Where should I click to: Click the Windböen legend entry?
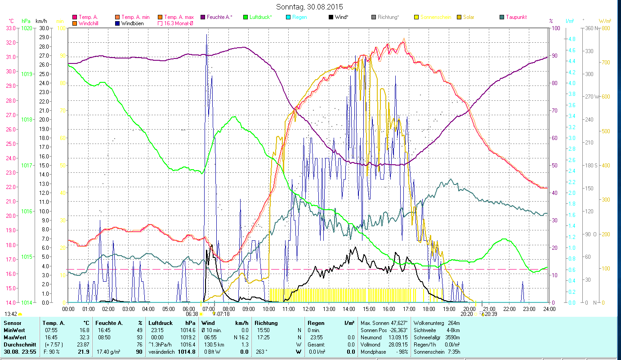pos(132,23)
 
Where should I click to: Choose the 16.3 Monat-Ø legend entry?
pos(179,23)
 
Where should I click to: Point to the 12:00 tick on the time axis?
pos(309,309)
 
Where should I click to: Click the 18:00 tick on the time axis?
pos(429,309)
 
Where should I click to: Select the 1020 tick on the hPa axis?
pos(27,28)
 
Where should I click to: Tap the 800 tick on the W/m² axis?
pos(605,28)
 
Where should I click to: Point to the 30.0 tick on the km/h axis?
pos(44,28)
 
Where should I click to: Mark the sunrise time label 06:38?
pos(192,314)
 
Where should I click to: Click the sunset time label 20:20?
pos(466,314)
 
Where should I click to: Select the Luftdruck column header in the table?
pos(160,323)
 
